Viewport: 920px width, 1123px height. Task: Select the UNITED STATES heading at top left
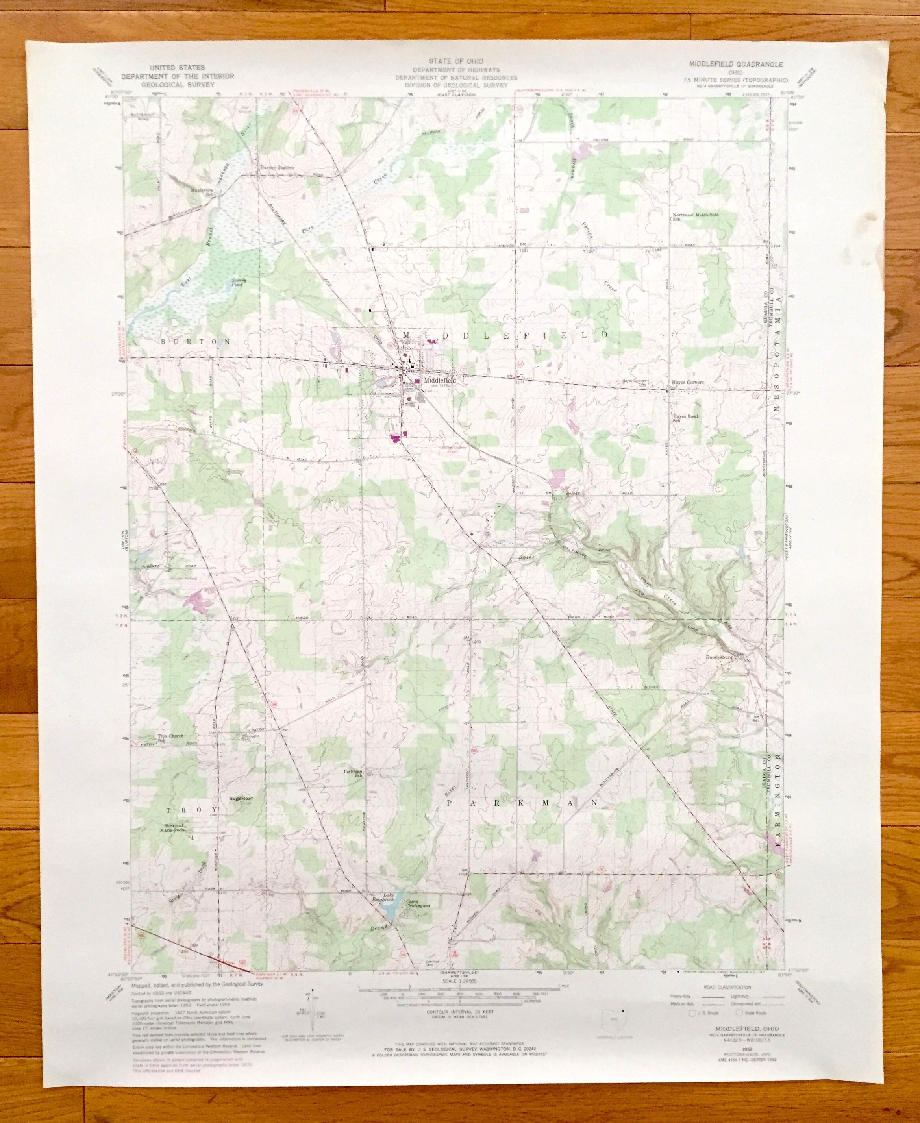pyautogui.click(x=177, y=67)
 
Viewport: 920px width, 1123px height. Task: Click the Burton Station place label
pyautogui.click(x=276, y=167)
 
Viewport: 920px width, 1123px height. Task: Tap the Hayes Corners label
pyautogui.click(x=687, y=382)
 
